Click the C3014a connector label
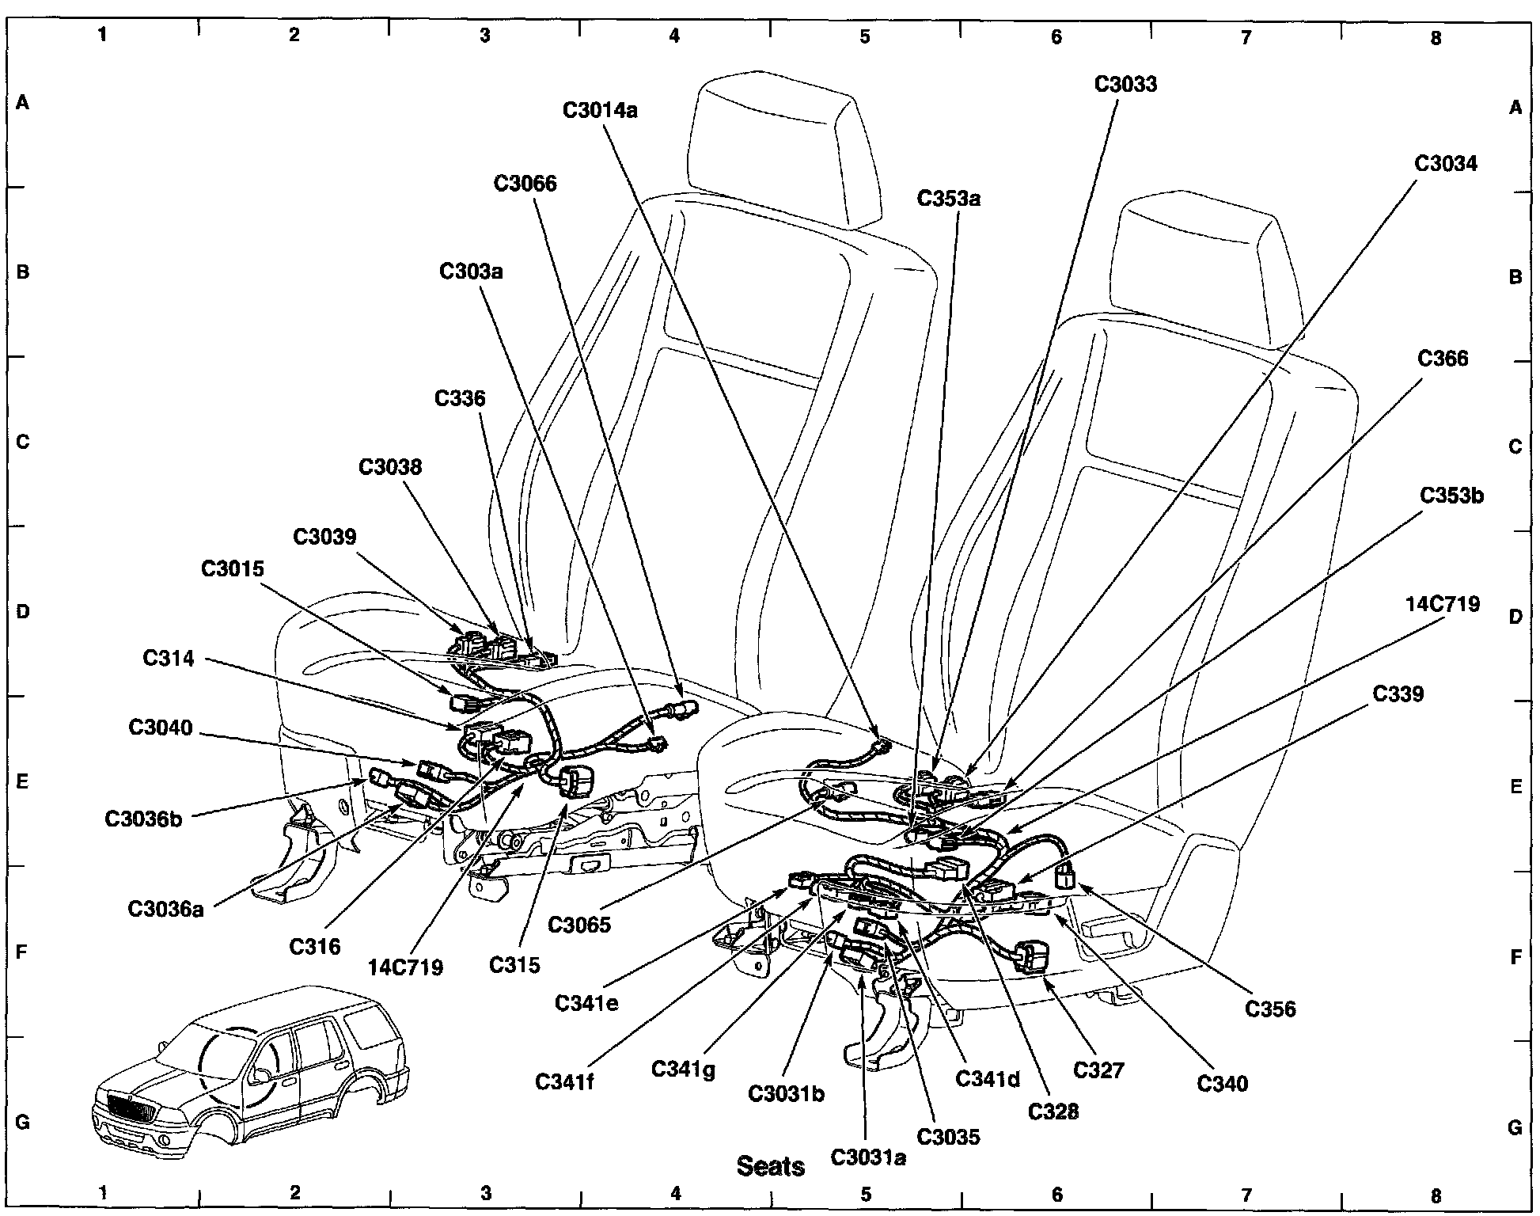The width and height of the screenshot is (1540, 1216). [600, 110]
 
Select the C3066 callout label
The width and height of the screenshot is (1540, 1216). [525, 184]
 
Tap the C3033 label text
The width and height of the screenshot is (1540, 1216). [1125, 84]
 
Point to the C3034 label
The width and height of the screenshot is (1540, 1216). [1445, 164]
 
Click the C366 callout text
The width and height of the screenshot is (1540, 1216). [1443, 359]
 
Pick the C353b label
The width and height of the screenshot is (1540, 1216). [1451, 496]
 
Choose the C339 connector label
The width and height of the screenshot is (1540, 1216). [1398, 694]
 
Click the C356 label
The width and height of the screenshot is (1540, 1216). [1270, 1009]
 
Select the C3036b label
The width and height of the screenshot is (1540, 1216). [143, 819]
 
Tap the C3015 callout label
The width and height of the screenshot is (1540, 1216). [232, 569]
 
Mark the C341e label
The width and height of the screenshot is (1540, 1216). [586, 1003]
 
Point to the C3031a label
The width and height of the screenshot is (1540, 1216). [868, 1157]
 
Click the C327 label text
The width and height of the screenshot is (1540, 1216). [1098, 1070]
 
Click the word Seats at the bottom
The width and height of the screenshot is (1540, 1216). [771, 1165]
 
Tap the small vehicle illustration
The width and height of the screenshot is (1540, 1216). [249, 1065]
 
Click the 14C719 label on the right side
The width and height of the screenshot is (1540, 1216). [1443, 605]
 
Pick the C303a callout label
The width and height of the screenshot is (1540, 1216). [472, 272]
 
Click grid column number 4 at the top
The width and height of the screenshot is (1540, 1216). [674, 36]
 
